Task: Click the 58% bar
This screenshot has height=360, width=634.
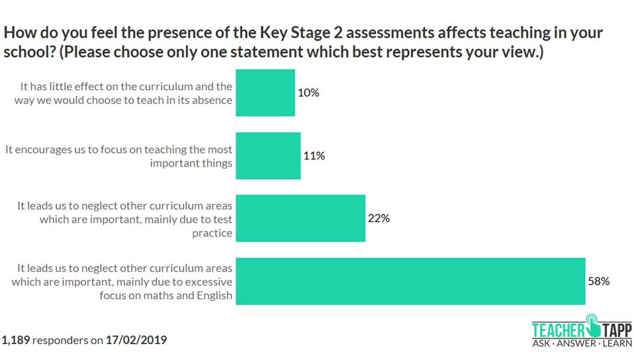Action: (x=410, y=281)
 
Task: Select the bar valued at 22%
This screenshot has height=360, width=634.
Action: (x=300, y=218)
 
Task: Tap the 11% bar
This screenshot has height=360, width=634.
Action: (x=268, y=156)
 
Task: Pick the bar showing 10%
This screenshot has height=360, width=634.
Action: (x=265, y=93)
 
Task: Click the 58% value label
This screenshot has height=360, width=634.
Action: (x=598, y=281)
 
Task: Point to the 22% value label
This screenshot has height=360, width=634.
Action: (x=379, y=218)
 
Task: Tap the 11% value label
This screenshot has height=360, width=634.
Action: (x=314, y=156)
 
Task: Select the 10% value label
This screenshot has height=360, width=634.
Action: (x=308, y=93)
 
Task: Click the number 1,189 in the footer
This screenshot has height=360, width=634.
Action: (x=16, y=341)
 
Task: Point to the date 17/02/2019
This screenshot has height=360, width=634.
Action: (x=136, y=341)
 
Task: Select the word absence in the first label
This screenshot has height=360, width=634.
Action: (x=213, y=101)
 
